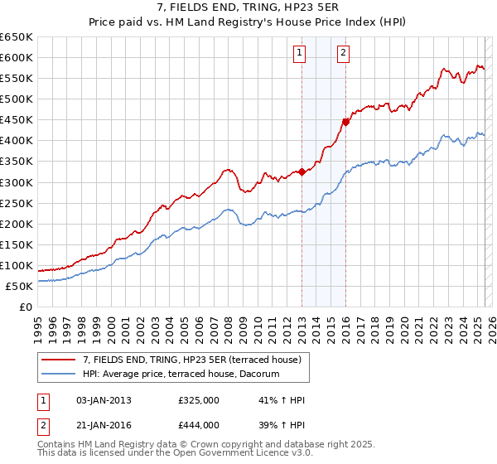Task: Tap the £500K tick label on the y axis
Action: (x=17, y=99)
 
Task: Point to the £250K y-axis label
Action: (x=17, y=203)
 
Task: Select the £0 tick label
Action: (x=24, y=307)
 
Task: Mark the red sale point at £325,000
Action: (x=302, y=172)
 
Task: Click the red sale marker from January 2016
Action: (x=345, y=122)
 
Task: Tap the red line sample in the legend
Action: (x=58, y=360)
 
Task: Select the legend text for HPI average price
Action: (x=181, y=375)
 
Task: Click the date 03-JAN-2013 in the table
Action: (x=103, y=400)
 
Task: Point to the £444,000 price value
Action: (x=199, y=425)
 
